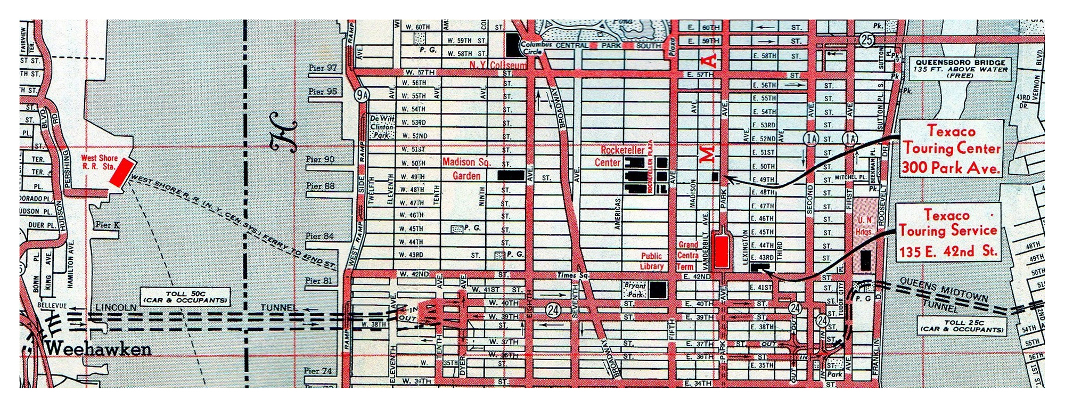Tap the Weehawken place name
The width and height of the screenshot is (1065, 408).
click(99, 349)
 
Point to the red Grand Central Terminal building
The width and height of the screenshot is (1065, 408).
click(722, 250)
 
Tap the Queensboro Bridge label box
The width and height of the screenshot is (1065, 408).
click(961, 69)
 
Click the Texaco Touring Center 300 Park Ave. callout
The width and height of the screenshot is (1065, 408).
click(951, 150)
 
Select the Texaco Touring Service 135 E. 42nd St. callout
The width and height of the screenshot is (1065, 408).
click(948, 233)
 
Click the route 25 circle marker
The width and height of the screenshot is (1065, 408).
click(866, 39)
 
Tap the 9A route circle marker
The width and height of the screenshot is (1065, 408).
click(363, 95)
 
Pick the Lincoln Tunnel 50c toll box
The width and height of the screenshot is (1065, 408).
click(185, 297)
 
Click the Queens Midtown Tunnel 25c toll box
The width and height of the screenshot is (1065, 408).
click(962, 326)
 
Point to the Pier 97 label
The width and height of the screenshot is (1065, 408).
click(323, 68)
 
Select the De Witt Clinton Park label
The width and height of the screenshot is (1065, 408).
click(382, 127)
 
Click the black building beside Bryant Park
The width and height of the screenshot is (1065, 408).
click(658, 290)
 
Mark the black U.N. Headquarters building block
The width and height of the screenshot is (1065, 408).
click(866, 260)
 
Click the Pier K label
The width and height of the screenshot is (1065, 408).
click(107, 225)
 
